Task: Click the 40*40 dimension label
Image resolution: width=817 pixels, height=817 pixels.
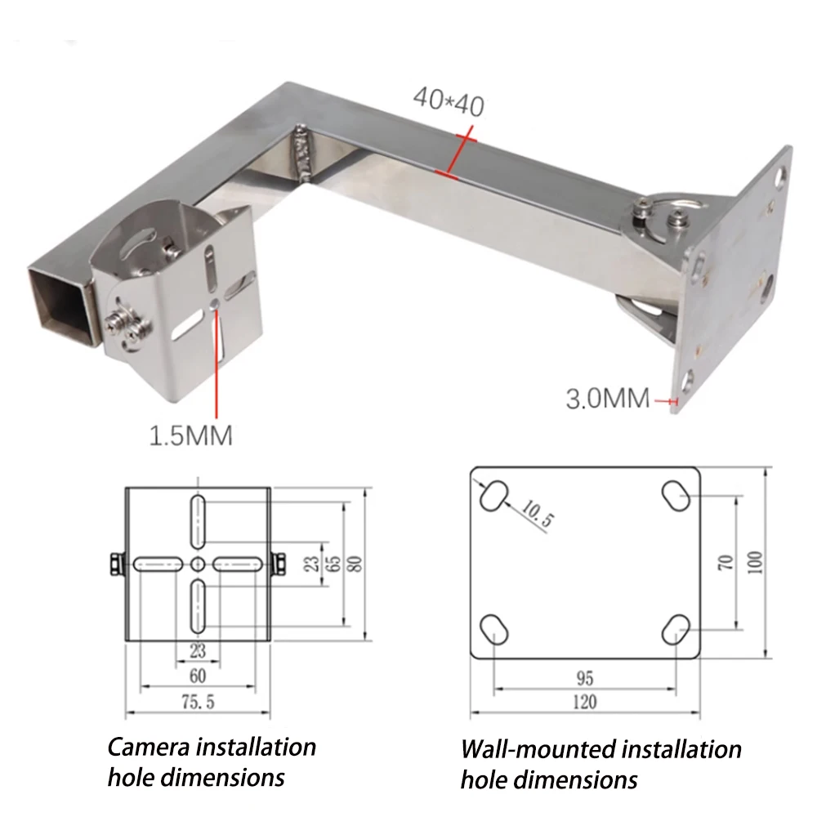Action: click(449, 100)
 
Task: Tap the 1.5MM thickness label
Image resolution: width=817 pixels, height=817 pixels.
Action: click(190, 435)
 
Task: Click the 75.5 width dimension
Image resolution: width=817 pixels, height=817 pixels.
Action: click(197, 703)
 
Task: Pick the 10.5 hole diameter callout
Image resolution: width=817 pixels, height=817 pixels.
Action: click(538, 516)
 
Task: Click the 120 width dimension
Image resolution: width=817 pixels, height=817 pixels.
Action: click(584, 702)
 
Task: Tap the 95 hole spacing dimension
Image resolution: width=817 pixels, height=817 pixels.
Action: click(584, 678)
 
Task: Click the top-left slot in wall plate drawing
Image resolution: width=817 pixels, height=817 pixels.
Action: click(493, 495)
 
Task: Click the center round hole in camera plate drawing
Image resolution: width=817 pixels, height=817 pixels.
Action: click(197, 563)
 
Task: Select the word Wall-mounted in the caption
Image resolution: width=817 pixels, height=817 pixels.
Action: click(538, 749)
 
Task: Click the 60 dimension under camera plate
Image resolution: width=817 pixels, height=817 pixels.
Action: click(197, 676)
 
